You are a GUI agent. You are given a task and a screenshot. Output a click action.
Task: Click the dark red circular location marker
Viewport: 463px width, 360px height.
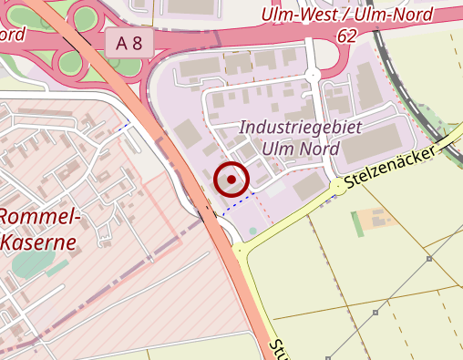(x=231, y=180)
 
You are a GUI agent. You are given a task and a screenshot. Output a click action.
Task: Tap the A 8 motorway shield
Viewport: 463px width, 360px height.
(x=129, y=42)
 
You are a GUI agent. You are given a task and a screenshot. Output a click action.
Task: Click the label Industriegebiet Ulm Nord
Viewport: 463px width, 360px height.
(x=287, y=138)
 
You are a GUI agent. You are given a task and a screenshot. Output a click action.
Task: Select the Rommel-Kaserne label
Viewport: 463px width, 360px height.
(x=40, y=230)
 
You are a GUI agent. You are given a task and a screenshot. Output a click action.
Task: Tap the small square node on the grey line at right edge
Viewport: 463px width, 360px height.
(x=429, y=259)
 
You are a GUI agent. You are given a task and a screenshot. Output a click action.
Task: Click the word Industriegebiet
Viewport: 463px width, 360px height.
(x=287, y=128)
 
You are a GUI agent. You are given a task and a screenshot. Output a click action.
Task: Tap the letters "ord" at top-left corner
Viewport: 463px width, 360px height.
(x=11, y=35)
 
